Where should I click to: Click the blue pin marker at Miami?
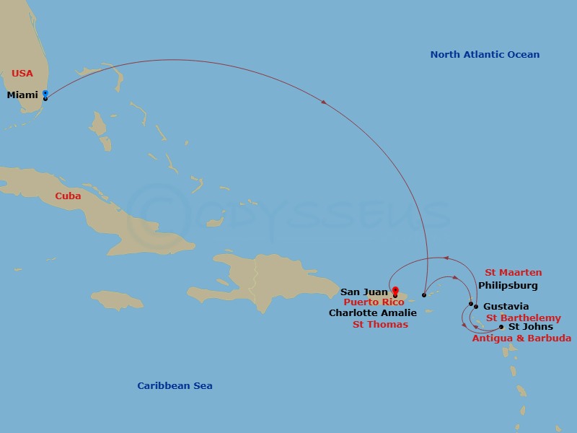(x=45, y=94)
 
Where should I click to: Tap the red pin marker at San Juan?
(x=395, y=292)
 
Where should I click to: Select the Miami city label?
(x=22, y=95)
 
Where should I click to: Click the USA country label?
(x=22, y=73)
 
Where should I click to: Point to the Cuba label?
(x=68, y=196)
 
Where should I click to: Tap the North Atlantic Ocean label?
(x=485, y=55)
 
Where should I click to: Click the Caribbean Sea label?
(x=175, y=386)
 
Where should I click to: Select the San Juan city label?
(x=364, y=292)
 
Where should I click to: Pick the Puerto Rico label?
(x=374, y=302)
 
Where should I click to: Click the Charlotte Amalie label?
(x=372, y=313)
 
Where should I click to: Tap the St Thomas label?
(x=380, y=325)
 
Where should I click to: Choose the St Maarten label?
(x=513, y=273)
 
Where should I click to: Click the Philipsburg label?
(x=508, y=286)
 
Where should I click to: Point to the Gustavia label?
(x=506, y=307)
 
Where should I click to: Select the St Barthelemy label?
(x=523, y=318)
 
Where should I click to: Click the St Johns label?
(x=531, y=327)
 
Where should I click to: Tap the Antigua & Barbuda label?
(x=521, y=338)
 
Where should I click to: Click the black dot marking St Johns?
(x=501, y=327)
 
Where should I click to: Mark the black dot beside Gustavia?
(x=476, y=307)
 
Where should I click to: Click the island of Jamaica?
(x=117, y=299)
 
